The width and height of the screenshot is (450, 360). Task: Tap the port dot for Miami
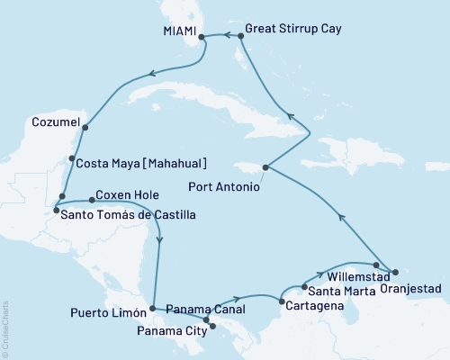click(x=201, y=37)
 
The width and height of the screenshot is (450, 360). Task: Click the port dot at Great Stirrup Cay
click(x=240, y=37)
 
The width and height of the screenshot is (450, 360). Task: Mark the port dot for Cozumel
click(x=85, y=128)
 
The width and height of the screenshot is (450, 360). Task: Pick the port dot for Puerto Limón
click(x=153, y=308)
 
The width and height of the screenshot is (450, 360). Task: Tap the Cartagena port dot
click(x=282, y=302)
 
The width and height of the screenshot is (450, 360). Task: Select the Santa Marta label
click(x=338, y=292)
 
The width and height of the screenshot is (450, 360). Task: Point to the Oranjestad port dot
click(x=393, y=271)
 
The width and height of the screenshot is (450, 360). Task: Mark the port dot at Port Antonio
click(x=265, y=167)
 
